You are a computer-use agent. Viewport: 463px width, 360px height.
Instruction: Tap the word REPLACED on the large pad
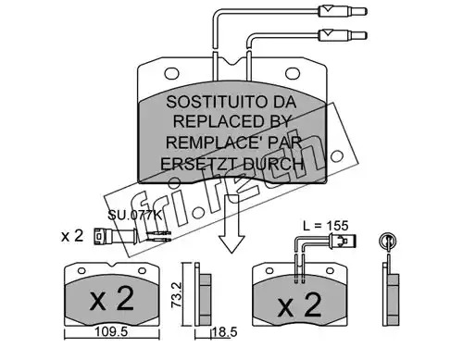point(214,121)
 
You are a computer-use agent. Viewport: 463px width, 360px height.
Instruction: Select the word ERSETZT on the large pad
point(199,164)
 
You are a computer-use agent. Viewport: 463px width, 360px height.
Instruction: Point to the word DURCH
point(273,164)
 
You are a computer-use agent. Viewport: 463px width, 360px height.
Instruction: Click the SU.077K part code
point(134,215)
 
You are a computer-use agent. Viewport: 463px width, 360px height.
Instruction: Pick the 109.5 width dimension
point(111,332)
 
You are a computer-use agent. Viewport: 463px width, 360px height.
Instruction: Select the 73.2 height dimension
point(177,294)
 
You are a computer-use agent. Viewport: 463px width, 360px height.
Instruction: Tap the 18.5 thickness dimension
point(224,332)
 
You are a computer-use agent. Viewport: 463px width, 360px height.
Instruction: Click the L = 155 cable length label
point(326,226)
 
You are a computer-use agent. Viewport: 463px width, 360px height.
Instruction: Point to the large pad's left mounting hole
point(172,73)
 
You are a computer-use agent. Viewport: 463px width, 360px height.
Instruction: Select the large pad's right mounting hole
point(293,73)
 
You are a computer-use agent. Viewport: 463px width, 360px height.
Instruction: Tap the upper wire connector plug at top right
point(343,12)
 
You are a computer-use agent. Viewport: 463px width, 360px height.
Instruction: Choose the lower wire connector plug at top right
point(343,35)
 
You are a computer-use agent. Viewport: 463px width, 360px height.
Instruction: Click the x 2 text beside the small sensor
point(72,236)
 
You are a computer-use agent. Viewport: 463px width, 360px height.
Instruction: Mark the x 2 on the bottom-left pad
point(112,299)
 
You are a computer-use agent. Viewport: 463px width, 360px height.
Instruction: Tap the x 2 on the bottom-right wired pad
point(300,304)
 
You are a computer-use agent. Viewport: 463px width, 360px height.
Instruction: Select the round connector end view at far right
point(388,241)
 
